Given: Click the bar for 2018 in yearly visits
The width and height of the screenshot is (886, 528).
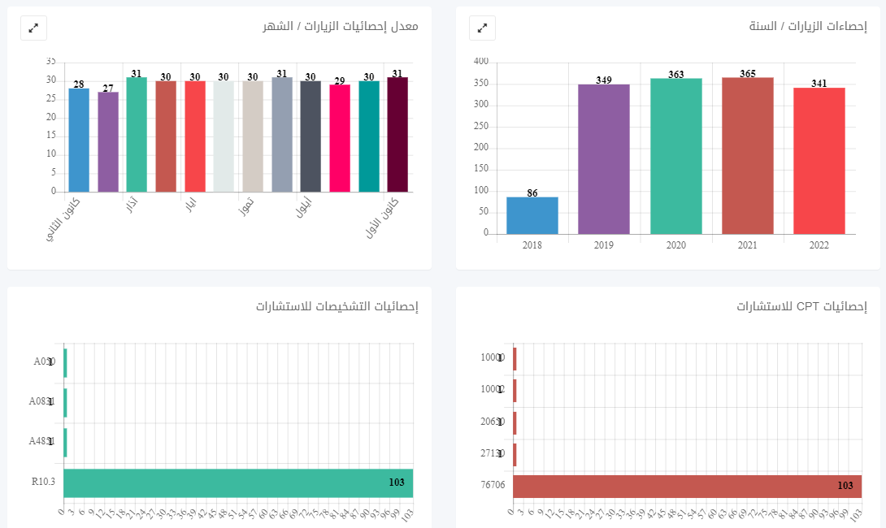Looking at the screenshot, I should (x=532, y=215).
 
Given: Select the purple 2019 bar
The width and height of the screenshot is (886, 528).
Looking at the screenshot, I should (x=604, y=159).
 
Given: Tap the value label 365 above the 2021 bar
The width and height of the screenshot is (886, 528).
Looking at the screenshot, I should (x=748, y=74).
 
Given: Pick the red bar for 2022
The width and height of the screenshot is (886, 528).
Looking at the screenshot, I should (x=819, y=161).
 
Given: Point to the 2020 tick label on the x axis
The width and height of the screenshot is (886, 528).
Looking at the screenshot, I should (x=675, y=245).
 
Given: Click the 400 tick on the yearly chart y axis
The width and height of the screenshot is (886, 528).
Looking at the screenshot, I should (x=480, y=61).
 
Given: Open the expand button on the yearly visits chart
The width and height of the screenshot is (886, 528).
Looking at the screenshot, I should (x=482, y=28).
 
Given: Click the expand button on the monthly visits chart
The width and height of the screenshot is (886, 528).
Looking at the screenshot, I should (x=33, y=28).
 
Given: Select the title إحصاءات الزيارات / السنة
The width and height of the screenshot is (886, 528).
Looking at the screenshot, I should (x=807, y=27).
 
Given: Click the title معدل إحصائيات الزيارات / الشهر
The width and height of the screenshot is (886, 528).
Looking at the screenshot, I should (x=340, y=27).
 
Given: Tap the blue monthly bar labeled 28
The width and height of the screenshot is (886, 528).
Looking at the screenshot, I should (x=79, y=140).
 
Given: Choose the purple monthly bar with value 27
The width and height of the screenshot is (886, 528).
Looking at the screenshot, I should (x=108, y=142).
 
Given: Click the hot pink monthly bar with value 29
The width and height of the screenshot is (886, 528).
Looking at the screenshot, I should (x=340, y=138).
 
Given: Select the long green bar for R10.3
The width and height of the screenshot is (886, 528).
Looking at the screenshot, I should (x=237, y=483).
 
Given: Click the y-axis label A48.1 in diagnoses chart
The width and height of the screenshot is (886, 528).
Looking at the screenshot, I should (x=41, y=442).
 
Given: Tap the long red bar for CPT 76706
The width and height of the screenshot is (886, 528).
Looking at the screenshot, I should (x=687, y=486).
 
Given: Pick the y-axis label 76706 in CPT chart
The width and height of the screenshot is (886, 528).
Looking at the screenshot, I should (x=493, y=486).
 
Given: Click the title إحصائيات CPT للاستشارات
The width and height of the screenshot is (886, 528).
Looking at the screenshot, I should (x=801, y=306).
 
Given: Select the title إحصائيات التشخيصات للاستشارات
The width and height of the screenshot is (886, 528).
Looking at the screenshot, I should (x=337, y=306).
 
